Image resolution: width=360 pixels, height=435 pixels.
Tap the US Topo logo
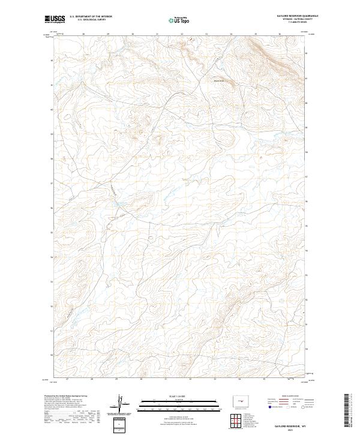(181, 20)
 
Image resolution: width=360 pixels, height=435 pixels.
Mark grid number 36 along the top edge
(280, 34)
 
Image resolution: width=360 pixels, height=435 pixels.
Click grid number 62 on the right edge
(307, 53)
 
